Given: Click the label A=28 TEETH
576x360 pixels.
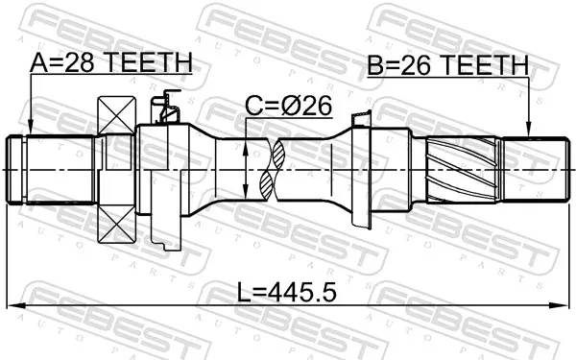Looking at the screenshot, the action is click(111, 62).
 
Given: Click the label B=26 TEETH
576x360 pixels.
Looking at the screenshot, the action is click(448, 65).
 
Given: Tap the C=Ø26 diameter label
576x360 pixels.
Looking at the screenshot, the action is click(288, 107).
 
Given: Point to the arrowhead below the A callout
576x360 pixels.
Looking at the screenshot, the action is click(31, 130).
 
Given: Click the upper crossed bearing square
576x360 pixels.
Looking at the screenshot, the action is click(116, 115).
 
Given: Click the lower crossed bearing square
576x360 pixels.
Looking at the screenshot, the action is click(116, 224).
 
